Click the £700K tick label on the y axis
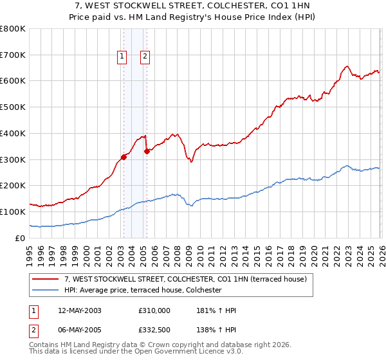tap(13, 55)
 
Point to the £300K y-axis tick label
tap(13, 159)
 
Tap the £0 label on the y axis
tap(21, 238)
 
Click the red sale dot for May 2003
tap(124, 157)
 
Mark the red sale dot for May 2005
tap(147, 151)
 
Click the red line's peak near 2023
tap(347, 66)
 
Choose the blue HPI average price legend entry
tap(142, 291)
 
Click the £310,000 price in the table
tap(154, 310)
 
